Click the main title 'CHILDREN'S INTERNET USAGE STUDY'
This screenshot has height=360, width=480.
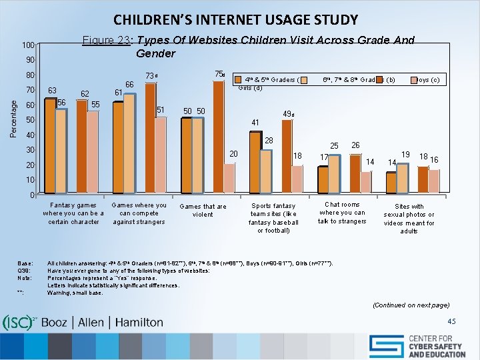click(x=235, y=20)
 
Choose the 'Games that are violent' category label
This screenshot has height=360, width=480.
click(x=203, y=211)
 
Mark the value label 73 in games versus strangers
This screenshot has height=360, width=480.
click(x=153, y=75)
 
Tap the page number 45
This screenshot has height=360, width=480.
click(x=452, y=321)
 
